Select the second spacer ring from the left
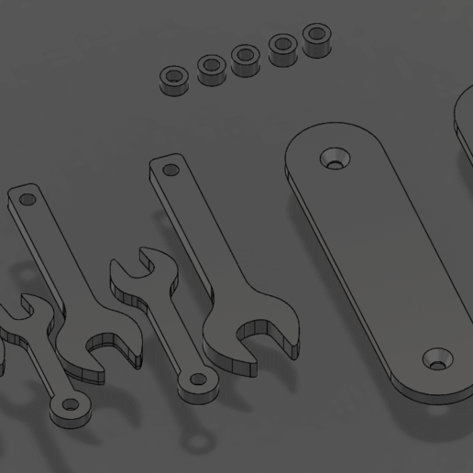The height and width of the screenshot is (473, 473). (x=212, y=68)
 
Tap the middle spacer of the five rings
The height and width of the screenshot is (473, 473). (x=245, y=59)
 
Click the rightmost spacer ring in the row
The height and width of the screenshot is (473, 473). (x=316, y=38)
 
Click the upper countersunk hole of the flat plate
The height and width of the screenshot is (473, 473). (x=335, y=158)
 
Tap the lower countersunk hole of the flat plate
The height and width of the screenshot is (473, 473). (x=438, y=358)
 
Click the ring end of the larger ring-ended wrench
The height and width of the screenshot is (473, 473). (x=197, y=379)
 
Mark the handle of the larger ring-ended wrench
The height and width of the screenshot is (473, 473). (x=170, y=330)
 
